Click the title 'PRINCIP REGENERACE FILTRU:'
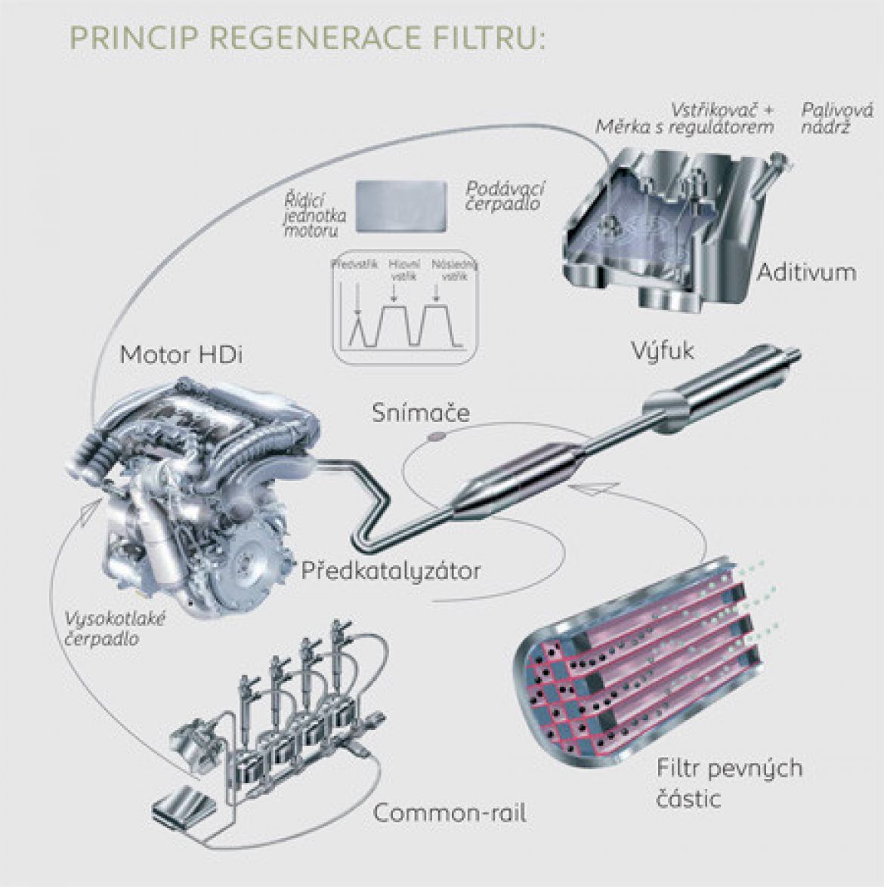[x=305, y=38]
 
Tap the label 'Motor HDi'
[x=181, y=354]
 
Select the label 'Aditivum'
[x=806, y=272]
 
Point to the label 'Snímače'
[x=421, y=413]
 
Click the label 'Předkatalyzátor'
[x=391, y=570]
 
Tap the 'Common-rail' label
[x=450, y=813]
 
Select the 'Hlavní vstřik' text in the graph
[x=400, y=271]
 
